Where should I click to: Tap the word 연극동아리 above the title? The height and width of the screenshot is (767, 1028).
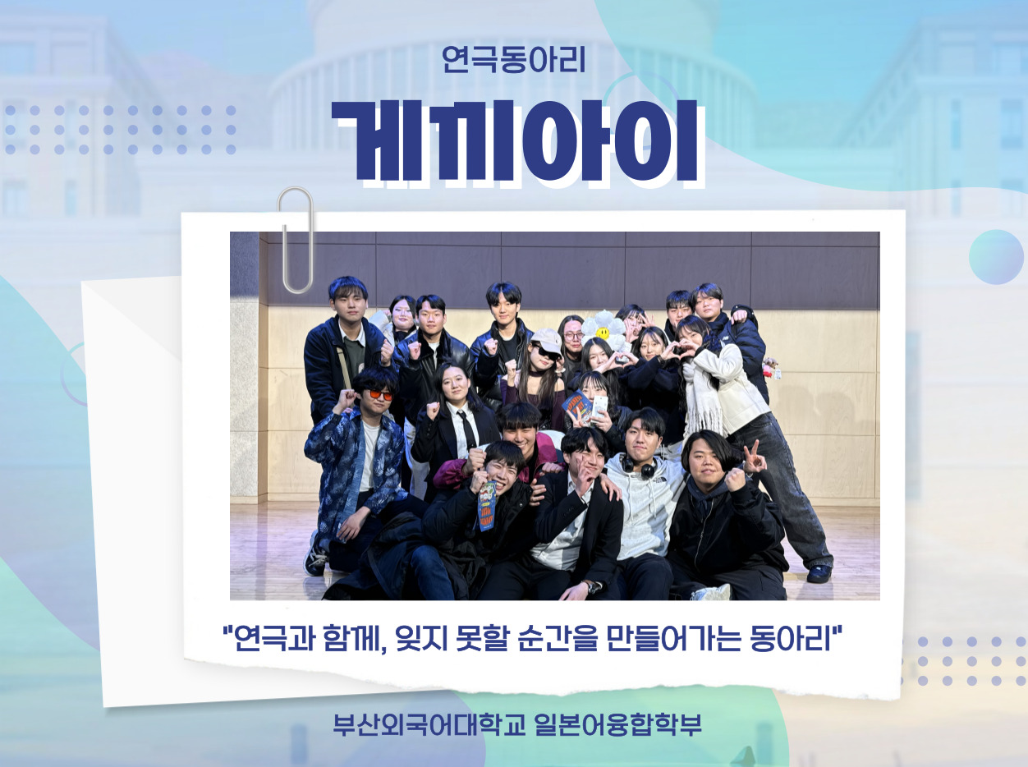(x=513, y=60)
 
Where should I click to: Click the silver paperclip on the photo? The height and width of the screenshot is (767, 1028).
(x=296, y=241)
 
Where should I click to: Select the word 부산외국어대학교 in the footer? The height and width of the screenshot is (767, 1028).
(x=429, y=725)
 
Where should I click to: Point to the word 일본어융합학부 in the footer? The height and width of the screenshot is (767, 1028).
(x=617, y=725)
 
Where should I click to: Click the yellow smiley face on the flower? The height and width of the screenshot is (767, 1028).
(x=603, y=333)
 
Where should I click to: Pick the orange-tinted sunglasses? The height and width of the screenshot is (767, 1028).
(x=380, y=395)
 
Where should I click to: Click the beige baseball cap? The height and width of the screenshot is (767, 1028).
(x=547, y=341)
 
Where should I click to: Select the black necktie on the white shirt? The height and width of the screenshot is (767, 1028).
(x=466, y=429)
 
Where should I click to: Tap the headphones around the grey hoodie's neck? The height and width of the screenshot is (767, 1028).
(x=640, y=467)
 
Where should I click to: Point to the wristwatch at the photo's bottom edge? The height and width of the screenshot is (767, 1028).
(x=594, y=587)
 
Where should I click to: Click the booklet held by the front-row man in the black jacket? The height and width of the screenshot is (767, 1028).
(x=487, y=506)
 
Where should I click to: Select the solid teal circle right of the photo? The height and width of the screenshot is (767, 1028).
(x=996, y=256)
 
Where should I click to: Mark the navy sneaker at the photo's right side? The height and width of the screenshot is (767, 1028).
(x=819, y=573)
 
